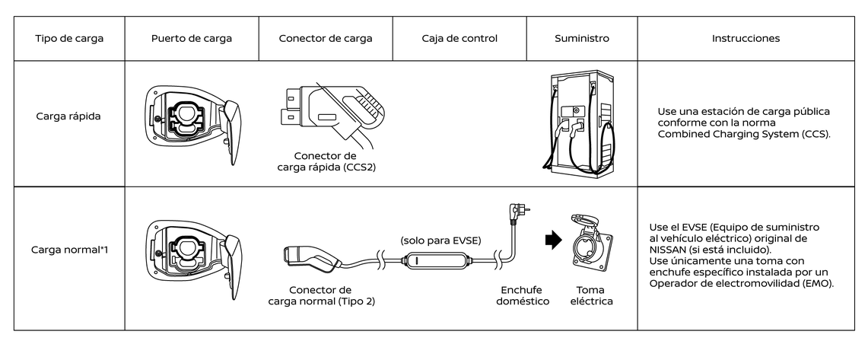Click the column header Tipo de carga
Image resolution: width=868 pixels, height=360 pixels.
pyautogui.click(x=69, y=38)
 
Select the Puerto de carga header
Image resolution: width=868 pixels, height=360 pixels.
pyautogui.click(x=192, y=38)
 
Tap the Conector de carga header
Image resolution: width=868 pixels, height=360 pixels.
pyautogui.click(x=326, y=38)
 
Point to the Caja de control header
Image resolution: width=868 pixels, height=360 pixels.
pyautogui.click(x=459, y=38)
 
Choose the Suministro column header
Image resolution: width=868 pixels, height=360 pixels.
pyautogui.click(x=581, y=38)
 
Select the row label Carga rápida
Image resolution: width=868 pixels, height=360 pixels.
pyautogui.click(x=69, y=117)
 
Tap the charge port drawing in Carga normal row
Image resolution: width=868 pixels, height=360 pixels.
pyautogui.click(x=192, y=248)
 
